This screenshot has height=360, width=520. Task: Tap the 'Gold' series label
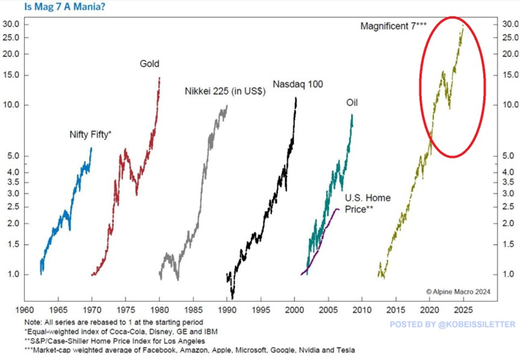[x=149, y=65]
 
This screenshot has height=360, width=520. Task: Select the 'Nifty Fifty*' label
[x=90, y=134]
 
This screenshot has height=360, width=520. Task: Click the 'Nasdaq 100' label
[x=298, y=84]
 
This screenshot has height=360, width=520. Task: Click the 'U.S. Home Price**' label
[x=367, y=204]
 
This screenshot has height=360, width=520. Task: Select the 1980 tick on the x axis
[x=160, y=310]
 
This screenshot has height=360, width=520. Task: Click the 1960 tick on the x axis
[x=25, y=310]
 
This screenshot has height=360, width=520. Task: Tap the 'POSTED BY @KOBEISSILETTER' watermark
[x=452, y=324]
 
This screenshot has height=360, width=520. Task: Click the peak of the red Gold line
[x=159, y=78]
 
